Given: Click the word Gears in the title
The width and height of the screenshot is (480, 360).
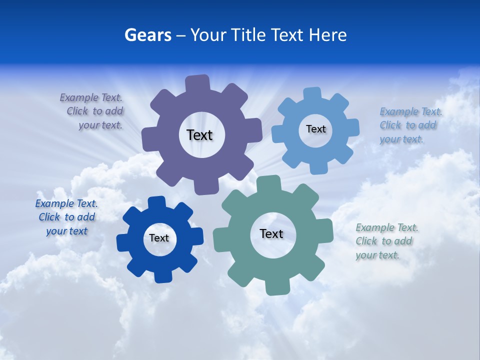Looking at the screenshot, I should click(147, 35).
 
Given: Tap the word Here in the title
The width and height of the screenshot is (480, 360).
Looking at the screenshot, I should click(328, 35).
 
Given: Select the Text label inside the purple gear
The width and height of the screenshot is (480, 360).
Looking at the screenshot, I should click(199, 135).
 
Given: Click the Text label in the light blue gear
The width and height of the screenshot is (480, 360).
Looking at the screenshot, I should click(315, 129).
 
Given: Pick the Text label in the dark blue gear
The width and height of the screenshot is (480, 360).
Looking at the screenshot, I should click(159, 238).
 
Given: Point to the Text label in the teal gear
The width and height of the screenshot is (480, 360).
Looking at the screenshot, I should click(271, 233).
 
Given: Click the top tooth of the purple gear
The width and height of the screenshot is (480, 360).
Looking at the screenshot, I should click(197, 83).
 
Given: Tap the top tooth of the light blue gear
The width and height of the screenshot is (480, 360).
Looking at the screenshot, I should click(312, 94).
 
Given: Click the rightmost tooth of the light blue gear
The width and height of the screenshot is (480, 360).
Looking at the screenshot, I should click(352, 127).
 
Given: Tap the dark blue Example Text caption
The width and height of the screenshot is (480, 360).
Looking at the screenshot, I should click(66, 217).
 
